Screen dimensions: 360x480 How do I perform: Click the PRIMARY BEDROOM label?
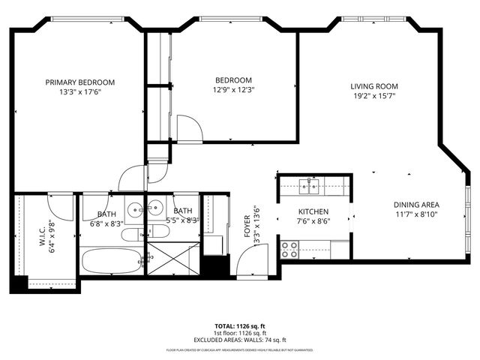(x=79, y=82)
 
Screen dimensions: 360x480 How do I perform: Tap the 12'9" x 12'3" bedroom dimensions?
(x=233, y=90)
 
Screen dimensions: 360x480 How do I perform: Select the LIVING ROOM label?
(x=373, y=86)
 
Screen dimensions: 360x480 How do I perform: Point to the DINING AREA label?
(x=416, y=205)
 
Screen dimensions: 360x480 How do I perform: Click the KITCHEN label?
(x=314, y=211)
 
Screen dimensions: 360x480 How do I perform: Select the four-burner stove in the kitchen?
(x=289, y=249)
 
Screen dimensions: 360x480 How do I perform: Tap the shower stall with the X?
(x=173, y=259)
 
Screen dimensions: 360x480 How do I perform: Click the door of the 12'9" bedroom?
(x=189, y=129)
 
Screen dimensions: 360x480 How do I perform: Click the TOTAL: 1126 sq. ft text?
(x=240, y=326)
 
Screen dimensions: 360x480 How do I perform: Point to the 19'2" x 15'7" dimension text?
(x=373, y=96)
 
